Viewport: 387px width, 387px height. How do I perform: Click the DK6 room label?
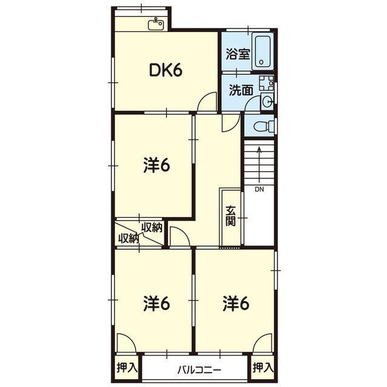pos(166,70)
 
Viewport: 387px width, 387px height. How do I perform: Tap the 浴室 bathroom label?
pos(238,54)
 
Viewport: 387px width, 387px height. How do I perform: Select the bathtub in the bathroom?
pos(262,51)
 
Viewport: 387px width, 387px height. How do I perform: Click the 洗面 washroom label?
pos(241,90)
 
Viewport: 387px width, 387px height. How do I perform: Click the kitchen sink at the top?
pos(156,24)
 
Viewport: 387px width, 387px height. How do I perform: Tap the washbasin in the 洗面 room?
pos(267,102)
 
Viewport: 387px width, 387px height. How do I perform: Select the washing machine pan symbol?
pos(266,83)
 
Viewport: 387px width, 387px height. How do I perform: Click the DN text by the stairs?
pos(259,189)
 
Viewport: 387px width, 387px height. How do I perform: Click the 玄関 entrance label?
pos(231,215)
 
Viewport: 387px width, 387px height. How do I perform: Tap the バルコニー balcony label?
pos(199,370)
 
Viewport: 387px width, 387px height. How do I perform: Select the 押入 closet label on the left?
pos(127,367)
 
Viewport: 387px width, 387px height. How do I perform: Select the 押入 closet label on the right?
pos(263,367)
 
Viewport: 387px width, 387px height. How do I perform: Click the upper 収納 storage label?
pos(152,227)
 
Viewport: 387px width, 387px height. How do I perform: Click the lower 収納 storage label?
pos(128,238)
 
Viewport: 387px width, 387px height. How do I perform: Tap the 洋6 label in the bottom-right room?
pos(236,304)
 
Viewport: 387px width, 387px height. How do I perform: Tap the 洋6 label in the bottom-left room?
pos(157,304)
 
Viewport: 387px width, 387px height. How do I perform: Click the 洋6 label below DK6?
pos(157,165)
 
